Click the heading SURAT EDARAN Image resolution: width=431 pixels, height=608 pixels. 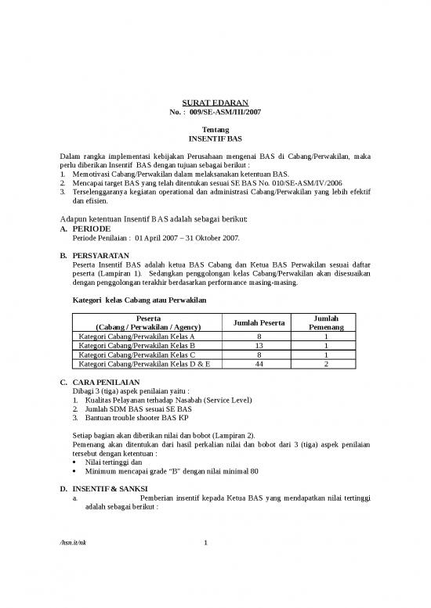point(215,103)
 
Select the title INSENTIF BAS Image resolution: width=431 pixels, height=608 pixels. point(215,138)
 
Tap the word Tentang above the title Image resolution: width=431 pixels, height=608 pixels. point(215,128)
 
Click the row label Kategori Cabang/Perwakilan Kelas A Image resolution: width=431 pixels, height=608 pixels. point(137,336)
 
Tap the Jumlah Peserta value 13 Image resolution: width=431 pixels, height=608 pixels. point(259,345)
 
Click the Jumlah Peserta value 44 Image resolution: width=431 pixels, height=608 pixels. point(259,364)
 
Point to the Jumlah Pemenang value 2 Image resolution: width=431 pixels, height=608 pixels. point(325,364)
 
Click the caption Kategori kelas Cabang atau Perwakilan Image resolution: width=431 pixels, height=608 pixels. point(138,300)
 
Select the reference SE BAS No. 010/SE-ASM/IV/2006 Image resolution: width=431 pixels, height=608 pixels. point(295,182)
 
